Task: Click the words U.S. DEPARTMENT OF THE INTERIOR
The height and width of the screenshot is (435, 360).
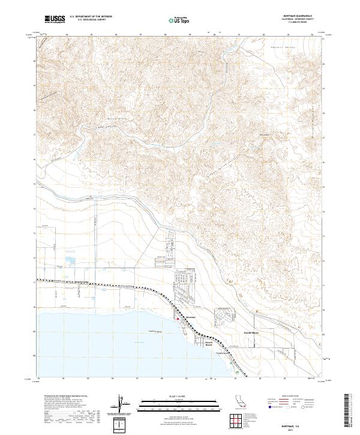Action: [x=91, y=16]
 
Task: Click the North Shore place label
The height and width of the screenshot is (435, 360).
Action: [x=251, y=331]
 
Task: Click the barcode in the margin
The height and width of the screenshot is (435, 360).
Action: [x=351, y=414]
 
